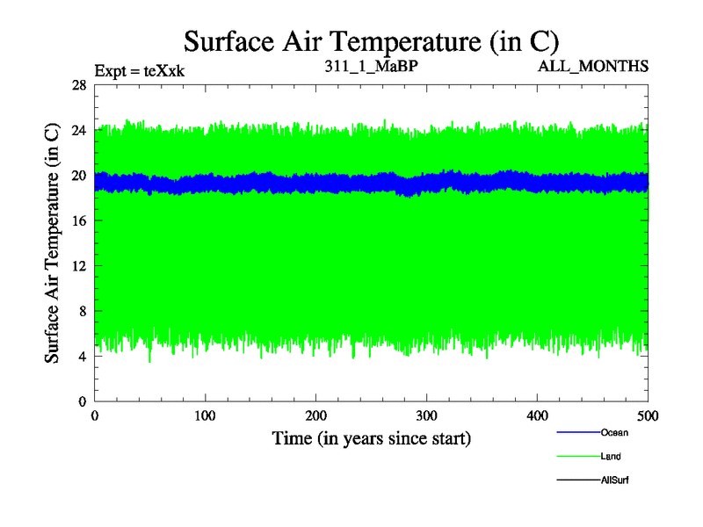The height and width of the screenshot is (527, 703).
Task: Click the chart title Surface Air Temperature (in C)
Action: (x=371, y=41)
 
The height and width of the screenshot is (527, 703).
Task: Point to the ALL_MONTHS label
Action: (x=601, y=67)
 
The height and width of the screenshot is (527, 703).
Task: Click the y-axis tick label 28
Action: (x=78, y=85)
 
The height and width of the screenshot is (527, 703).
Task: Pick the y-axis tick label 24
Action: (x=78, y=130)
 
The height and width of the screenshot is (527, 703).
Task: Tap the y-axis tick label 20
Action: (x=78, y=176)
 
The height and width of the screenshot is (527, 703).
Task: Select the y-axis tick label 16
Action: (x=78, y=220)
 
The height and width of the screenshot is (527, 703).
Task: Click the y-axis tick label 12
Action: (x=78, y=266)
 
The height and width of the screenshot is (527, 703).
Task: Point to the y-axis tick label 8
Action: (x=82, y=311)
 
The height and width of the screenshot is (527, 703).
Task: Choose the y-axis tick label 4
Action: (x=82, y=357)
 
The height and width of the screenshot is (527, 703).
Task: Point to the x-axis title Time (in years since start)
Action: (x=371, y=438)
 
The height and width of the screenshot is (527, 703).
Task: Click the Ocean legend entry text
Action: (x=614, y=432)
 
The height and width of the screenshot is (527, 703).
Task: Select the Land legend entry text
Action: (x=612, y=457)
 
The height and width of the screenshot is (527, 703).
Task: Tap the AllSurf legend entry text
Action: (x=614, y=480)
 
